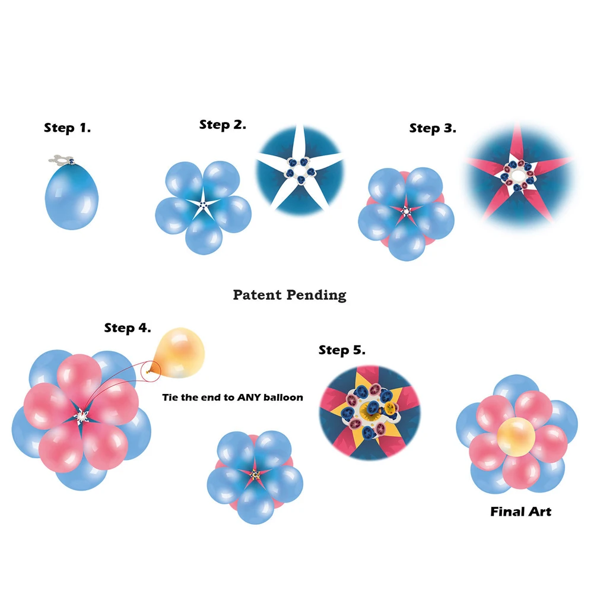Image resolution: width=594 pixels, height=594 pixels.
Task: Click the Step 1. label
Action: pos(67,128)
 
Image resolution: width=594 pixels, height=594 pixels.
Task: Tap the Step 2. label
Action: pos(223,125)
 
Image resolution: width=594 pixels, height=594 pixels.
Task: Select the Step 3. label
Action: pos(433,128)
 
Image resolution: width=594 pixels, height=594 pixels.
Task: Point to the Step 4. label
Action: pos(128,328)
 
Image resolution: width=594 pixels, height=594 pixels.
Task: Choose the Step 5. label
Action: pos(342,350)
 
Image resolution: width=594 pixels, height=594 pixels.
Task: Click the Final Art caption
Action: pos(521,512)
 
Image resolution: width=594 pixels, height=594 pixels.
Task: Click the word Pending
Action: pos(316,295)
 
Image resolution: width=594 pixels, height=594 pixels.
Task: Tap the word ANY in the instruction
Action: pos(249,398)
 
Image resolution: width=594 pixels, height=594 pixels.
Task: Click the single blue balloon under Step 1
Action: pos(72,196)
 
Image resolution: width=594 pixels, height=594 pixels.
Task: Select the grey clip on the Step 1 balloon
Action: pos(61,160)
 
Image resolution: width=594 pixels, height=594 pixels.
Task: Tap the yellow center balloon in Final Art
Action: pos(516,437)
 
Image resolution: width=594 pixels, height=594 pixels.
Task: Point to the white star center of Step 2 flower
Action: pos(204,205)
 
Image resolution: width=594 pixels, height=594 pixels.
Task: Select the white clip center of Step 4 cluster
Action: pos(81,417)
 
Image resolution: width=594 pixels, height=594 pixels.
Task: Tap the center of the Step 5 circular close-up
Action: pos(370,412)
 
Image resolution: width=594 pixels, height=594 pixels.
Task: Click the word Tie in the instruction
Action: pos(170,398)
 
